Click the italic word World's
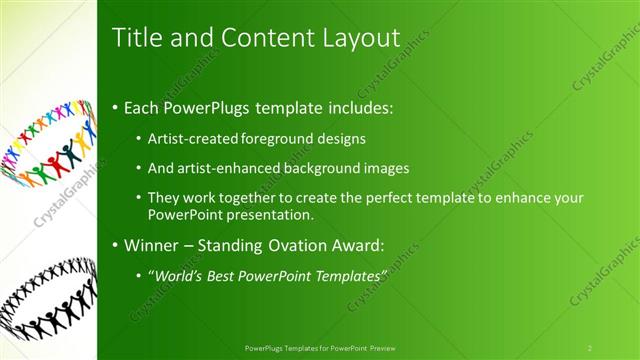(x=180, y=275)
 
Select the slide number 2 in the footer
(x=590, y=347)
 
